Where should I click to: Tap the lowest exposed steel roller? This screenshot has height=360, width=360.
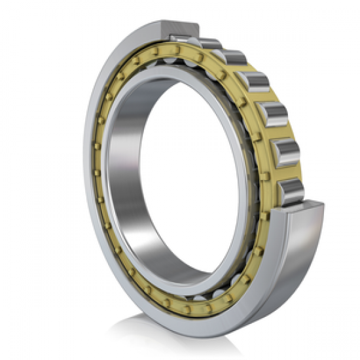[292, 190]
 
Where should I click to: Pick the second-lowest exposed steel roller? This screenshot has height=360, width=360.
[287, 153]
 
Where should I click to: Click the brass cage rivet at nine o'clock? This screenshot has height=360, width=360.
[96, 173]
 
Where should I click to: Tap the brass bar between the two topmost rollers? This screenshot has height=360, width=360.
[221, 51]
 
